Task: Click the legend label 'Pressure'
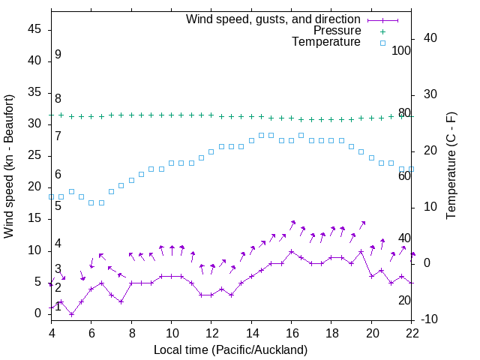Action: coord(337,31)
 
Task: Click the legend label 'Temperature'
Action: coord(326,42)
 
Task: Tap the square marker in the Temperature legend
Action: coord(382,43)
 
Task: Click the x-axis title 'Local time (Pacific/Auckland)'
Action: coord(230,349)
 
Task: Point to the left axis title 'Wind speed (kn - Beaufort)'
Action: coord(9,166)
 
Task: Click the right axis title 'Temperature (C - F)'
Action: coord(451,166)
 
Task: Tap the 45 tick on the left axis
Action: coord(34,29)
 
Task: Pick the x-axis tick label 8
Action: coord(131,332)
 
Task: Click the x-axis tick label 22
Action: coord(412,332)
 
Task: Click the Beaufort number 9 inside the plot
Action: coord(58,55)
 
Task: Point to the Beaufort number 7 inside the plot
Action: coord(58,136)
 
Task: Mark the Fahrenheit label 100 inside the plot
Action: coord(401,51)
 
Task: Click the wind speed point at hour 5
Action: coord(71,313)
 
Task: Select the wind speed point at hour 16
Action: coord(292,251)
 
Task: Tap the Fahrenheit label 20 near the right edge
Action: coord(404,300)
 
